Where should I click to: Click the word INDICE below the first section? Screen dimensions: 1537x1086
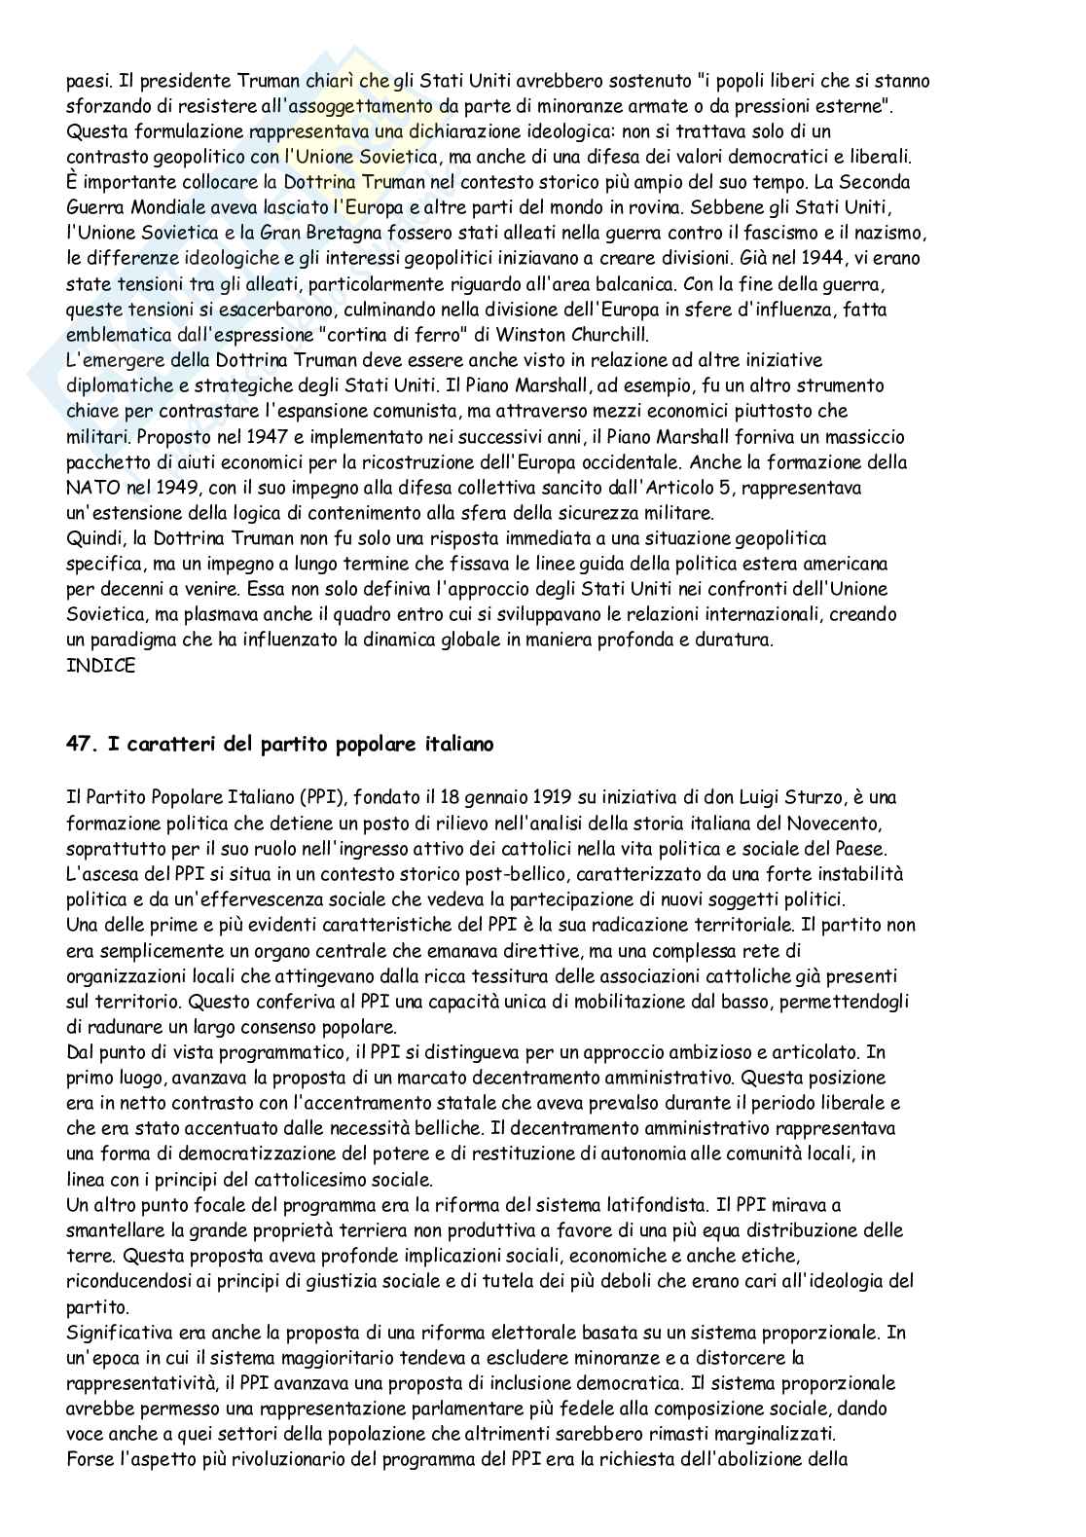pyautogui.click(x=100, y=666)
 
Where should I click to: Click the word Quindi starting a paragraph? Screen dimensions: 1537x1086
pyautogui.click(x=93, y=538)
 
